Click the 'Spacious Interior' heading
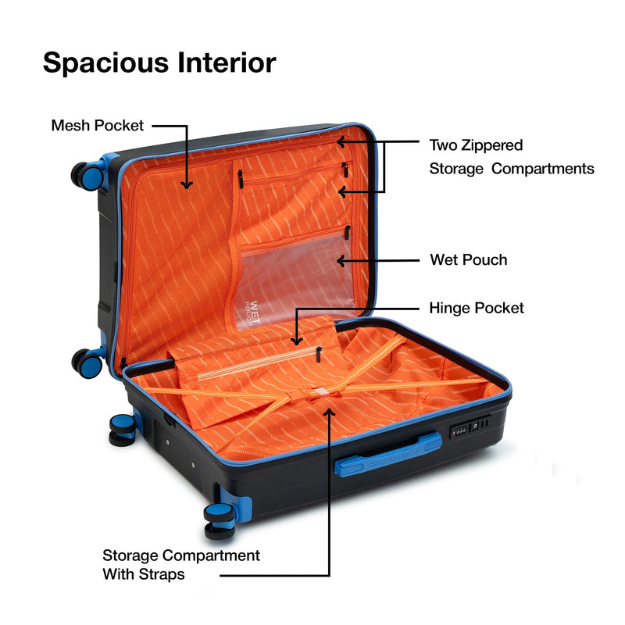tap(159, 63)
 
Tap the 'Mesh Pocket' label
tap(97, 126)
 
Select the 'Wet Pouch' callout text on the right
tap(468, 260)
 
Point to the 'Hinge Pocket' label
tap(477, 308)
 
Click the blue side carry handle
tap(387, 454)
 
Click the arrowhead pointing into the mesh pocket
tap(186, 185)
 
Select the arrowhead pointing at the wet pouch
tap(341, 261)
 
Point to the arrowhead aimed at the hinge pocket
tap(296, 341)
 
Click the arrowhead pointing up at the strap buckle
tap(329, 412)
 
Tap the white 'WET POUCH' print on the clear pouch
tap(252, 312)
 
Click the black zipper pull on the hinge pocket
tap(319, 354)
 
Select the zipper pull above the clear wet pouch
tap(347, 232)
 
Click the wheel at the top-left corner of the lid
tap(87, 176)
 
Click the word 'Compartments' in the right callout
tap(542, 169)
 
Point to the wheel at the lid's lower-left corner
tap(87, 363)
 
